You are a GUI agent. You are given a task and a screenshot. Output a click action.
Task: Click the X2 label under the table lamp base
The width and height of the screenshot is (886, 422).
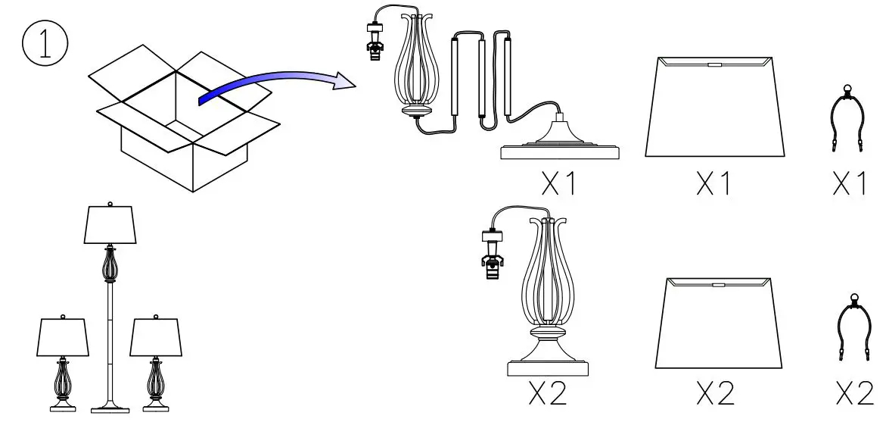(x=547, y=392)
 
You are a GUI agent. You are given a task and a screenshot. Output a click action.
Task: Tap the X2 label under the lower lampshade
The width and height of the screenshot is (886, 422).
(x=715, y=392)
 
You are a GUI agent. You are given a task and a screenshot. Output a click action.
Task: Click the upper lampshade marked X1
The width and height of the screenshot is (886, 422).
(x=713, y=106)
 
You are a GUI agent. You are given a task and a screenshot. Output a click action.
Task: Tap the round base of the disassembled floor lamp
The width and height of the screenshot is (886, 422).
(x=560, y=148)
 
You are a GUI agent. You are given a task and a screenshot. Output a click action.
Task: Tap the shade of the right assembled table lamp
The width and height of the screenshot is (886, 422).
(x=157, y=337)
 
